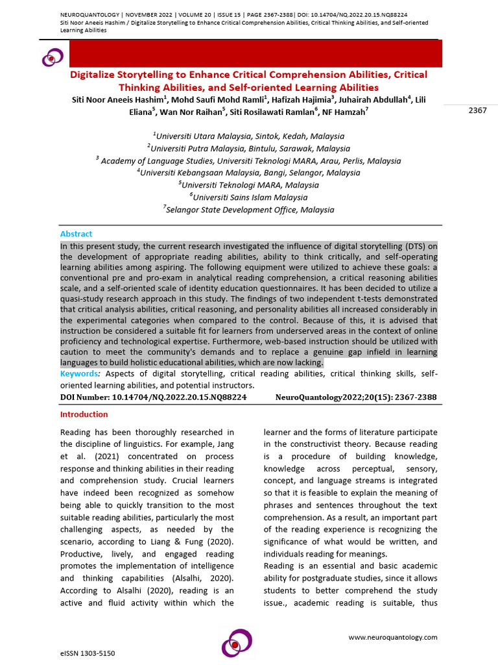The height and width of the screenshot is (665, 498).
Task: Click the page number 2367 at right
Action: (x=477, y=110)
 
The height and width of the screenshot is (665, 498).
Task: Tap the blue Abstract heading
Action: (x=76, y=234)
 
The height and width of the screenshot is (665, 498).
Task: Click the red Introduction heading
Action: (x=84, y=414)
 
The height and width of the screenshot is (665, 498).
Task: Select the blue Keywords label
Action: (x=80, y=374)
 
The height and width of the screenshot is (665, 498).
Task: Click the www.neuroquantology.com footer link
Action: (x=393, y=638)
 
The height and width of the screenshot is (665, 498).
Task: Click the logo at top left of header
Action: (x=53, y=58)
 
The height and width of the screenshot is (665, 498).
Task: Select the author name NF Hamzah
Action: (x=349, y=111)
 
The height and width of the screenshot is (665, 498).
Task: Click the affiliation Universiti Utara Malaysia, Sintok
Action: (x=248, y=136)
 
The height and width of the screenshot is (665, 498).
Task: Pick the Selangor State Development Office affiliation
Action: (x=248, y=210)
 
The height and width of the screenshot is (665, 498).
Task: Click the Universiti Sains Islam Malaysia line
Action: (x=248, y=197)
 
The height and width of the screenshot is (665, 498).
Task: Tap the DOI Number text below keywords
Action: (x=153, y=397)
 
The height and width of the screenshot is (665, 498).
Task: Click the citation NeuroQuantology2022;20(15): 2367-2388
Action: (x=356, y=397)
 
